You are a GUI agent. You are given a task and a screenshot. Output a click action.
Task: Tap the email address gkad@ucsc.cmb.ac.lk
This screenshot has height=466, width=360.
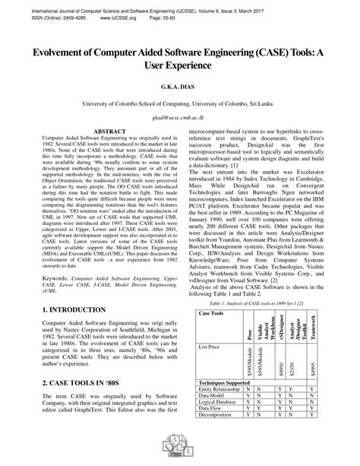[180, 118]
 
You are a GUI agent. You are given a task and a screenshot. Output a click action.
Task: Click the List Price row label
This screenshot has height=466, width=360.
[210, 325]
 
